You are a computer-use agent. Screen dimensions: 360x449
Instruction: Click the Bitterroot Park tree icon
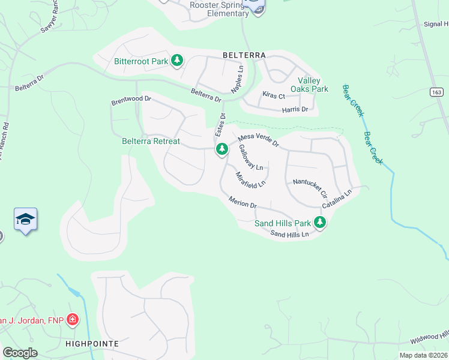coord(177,61)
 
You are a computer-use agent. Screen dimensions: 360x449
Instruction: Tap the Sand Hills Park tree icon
coord(321,223)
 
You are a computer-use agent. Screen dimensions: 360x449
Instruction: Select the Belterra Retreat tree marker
coord(222,149)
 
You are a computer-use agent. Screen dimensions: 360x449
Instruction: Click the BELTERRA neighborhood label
coord(244,55)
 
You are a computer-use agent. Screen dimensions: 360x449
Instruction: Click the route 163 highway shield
coord(436,92)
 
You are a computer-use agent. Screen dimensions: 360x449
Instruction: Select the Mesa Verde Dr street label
coord(259,140)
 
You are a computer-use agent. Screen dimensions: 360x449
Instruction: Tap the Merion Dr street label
coord(243,202)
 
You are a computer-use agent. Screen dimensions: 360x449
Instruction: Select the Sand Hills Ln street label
coord(289,234)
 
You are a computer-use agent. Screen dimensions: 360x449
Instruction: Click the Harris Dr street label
coord(295,109)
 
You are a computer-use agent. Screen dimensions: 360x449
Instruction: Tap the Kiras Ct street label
coord(273,95)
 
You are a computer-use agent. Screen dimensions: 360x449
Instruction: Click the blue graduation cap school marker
coord(26,220)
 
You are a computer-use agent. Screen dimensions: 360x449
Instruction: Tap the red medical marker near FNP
coord(73,319)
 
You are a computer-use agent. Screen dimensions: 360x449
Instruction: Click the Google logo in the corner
coord(20,353)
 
